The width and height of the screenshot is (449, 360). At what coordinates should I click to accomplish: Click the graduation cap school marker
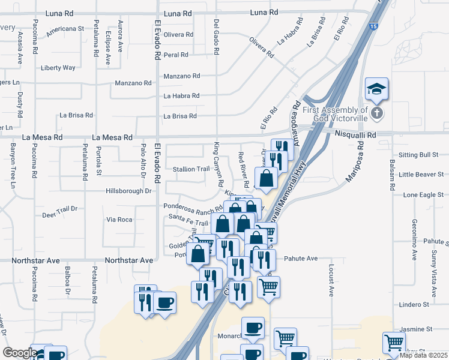(376, 89)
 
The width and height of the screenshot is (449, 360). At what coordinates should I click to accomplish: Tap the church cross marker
(376, 113)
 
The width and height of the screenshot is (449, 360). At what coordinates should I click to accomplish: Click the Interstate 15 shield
(373, 43)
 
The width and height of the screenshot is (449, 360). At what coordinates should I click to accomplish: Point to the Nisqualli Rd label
(355, 136)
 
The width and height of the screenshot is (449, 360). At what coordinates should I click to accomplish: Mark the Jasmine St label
(416, 329)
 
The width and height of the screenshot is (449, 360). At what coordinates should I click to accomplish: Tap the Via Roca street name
(119, 220)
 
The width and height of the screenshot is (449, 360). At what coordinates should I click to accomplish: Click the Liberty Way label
(58, 68)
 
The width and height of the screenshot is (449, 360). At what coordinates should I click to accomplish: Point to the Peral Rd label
(176, 55)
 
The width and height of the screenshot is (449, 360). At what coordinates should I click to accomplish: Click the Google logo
(20, 353)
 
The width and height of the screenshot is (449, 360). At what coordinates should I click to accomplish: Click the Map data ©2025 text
(422, 355)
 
